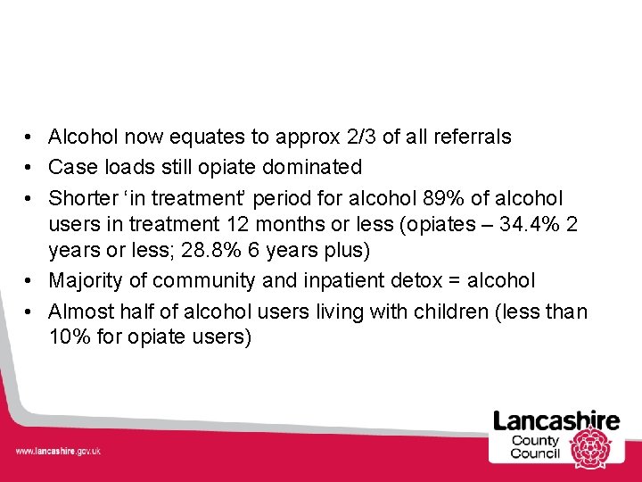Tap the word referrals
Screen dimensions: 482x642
(471, 137)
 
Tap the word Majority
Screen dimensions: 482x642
(86, 280)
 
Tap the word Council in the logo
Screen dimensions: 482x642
(535, 453)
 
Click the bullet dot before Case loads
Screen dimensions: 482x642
(30, 168)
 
